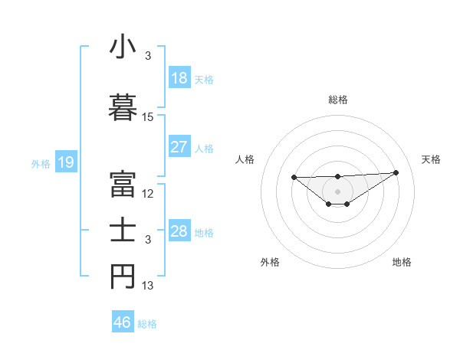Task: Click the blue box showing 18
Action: pos(179,78)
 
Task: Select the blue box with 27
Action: pos(179,147)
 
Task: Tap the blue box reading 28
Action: pos(179,231)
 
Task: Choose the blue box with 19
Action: pos(65,162)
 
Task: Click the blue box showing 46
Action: pos(123,322)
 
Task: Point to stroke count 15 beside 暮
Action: pos(148,117)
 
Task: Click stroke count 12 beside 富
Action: pos(148,194)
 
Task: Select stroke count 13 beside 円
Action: pos(148,286)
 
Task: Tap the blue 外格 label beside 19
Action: pos(41,163)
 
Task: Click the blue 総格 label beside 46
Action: pos(147,324)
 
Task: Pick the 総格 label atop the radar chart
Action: pos(337,100)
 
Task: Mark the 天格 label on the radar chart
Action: pos(431,159)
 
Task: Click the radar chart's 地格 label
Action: pos(402,262)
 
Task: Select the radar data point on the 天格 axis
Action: pos(396,172)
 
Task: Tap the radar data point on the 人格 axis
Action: pos(294,177)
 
